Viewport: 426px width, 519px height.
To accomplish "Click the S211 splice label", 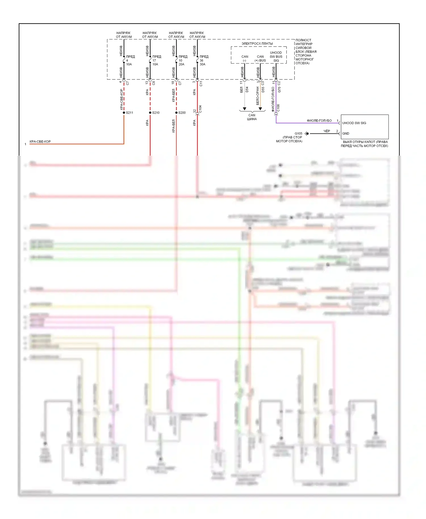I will tap(130, 113).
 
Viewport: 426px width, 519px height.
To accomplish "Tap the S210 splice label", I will tap(156, 113).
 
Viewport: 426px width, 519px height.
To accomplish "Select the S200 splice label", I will tap(182, 113).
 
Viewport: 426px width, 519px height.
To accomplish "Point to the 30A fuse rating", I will tap(202, 64).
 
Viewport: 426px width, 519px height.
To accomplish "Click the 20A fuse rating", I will tap(181, 64).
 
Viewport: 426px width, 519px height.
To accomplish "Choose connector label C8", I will tap(154, 83).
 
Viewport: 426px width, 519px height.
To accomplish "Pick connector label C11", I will tap(201, 83).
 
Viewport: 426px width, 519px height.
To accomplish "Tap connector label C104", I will tap(200, 109).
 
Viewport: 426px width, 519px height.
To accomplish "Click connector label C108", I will tap(278, 108).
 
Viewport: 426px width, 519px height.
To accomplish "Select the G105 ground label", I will tap(298, 133).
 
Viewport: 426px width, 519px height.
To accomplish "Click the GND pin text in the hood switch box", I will tap(346, 133).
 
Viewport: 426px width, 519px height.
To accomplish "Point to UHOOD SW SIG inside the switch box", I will tap(354, 123).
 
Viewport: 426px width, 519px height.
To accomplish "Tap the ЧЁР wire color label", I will tap(327, 131).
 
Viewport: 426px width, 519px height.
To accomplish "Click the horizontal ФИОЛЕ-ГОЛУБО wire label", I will tap(319, 121).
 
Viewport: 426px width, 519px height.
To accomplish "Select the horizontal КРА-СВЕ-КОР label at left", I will tap(40, 142).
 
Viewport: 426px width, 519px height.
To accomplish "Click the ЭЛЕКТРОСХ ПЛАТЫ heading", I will tap(257, 43).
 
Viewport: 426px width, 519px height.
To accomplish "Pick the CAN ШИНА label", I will tap(252, 117).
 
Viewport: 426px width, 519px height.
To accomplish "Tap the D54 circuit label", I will tap(247, 89).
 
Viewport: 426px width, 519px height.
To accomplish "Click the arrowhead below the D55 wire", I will tap(260, 109).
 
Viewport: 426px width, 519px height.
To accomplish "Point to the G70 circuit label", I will tap(279, 90).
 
